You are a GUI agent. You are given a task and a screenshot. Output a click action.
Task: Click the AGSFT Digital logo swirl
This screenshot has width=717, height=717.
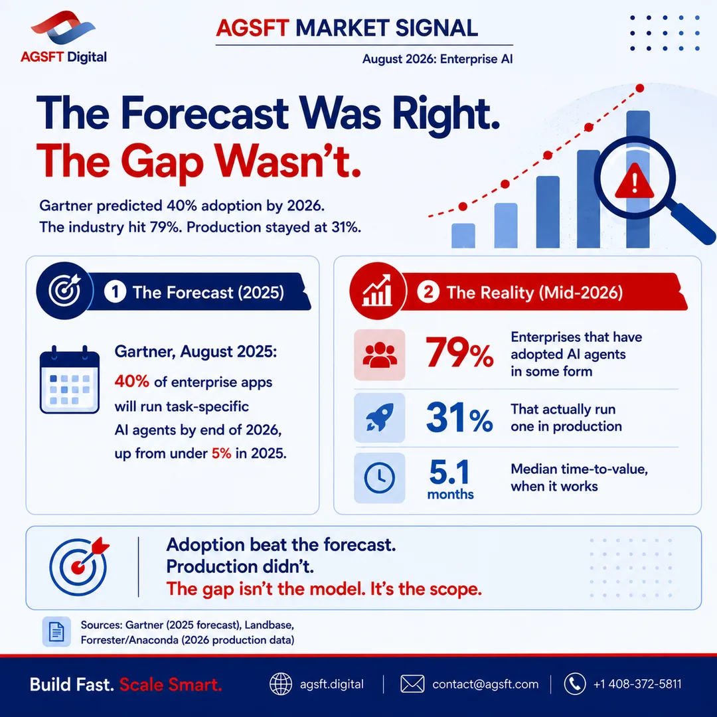63,29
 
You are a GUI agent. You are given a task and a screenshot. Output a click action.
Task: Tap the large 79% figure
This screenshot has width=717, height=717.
459,353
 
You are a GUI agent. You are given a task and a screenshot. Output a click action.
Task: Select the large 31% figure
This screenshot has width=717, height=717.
459,418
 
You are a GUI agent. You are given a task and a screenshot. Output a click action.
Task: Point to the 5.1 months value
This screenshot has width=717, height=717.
450,480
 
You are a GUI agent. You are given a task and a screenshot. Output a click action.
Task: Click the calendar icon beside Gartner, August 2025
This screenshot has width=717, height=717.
70,380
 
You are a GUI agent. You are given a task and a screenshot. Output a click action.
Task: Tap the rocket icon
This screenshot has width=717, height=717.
380,418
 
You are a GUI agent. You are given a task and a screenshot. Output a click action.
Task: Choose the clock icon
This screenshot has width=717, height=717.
380,478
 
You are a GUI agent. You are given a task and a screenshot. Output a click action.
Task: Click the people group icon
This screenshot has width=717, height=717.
380,355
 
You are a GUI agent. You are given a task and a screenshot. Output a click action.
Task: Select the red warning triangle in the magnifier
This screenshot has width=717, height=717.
634,181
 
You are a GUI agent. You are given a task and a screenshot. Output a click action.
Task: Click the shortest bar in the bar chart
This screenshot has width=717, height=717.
463,236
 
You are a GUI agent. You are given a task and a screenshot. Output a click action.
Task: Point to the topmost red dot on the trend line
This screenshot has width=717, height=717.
640,88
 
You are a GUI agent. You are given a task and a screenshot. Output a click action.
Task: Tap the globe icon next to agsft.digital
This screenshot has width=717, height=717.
281,684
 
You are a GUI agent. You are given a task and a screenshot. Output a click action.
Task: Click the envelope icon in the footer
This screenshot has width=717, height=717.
412,684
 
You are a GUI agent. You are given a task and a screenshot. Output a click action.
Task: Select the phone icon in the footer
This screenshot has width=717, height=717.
575,684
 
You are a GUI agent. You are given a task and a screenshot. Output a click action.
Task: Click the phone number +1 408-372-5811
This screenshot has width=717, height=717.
637,684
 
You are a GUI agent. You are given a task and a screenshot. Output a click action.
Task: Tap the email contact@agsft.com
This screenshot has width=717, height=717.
485,684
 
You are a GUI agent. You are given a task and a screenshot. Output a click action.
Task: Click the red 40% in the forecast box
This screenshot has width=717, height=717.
131,381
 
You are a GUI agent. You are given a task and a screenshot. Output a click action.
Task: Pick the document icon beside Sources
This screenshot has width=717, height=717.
56,631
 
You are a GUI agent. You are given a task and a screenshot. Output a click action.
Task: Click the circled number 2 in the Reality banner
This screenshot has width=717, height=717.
428,292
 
